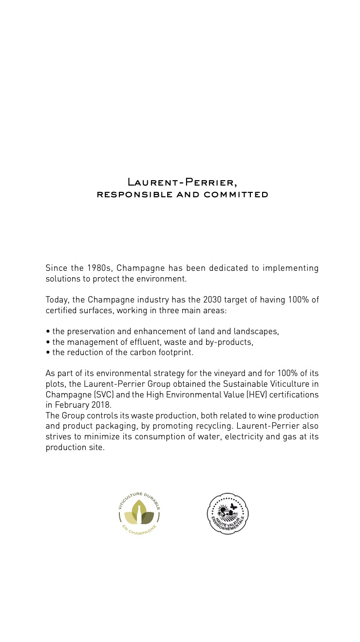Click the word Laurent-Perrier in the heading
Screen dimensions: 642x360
[181, 183]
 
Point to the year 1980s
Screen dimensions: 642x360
[100, 268]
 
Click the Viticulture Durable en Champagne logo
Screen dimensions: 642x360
[139, 514]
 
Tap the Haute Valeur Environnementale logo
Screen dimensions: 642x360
[227, 514]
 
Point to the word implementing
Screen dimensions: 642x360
[290, 268]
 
